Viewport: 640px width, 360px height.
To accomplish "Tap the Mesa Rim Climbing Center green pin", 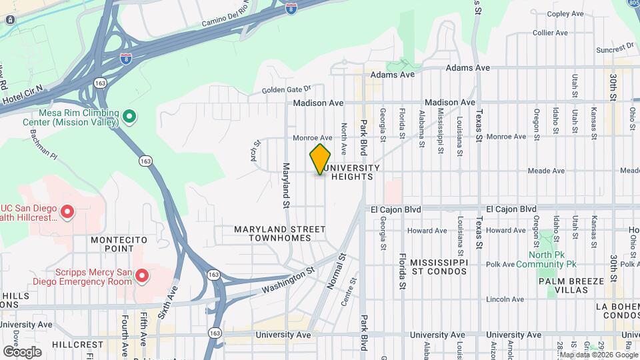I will [x=130, y=117].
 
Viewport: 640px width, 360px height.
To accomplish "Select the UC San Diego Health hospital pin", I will [x=67, y=212].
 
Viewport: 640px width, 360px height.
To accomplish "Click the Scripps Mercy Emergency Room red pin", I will [x=141, y=275].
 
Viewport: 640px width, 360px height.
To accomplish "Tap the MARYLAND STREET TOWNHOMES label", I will [x=279, y=233].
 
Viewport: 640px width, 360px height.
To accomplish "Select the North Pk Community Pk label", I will [x=552, y=259].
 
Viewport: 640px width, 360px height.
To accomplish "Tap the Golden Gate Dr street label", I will [x=286, y=89].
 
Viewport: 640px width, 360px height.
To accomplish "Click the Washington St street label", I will [x=287, y=281].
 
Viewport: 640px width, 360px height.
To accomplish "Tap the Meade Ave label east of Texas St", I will [x=545, y=171].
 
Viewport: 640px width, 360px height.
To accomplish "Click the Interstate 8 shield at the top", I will [x=291, y=9].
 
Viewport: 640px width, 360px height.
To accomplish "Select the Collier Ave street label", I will [x=550, y=32].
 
